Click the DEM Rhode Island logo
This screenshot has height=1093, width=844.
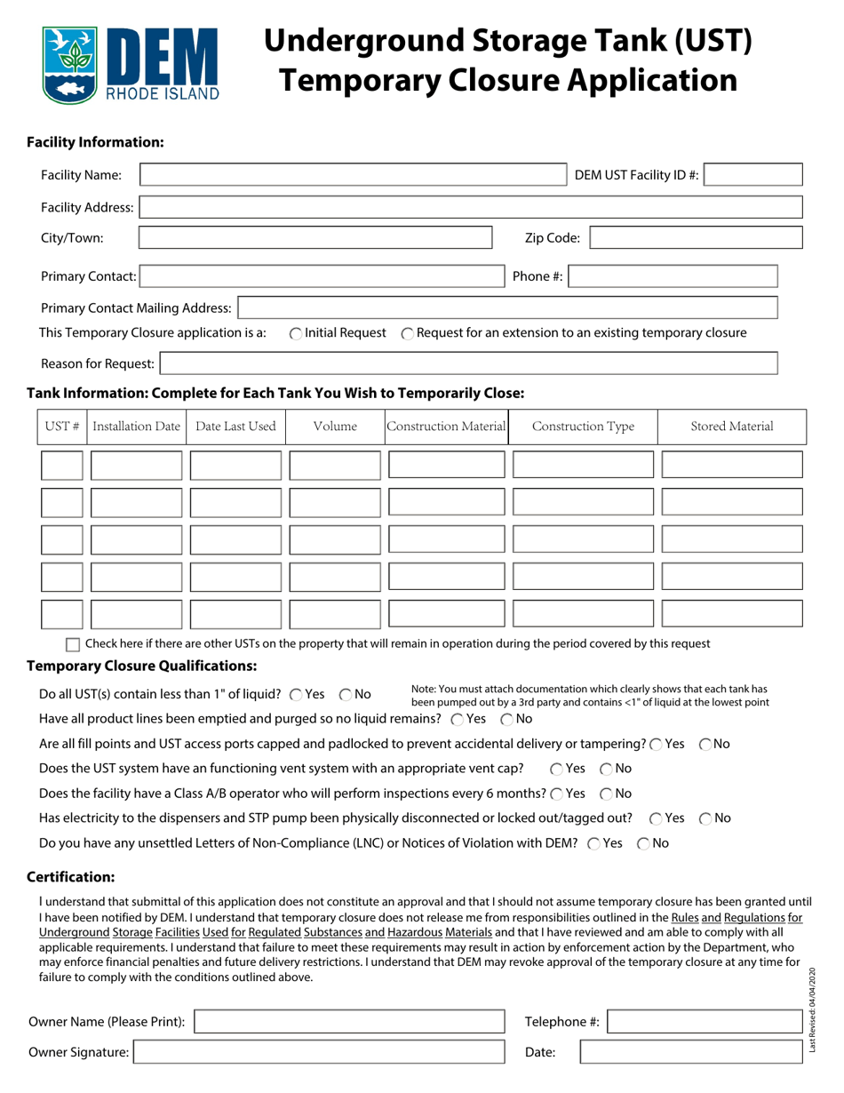pos(130,63)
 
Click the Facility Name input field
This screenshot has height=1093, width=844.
pos(354,175)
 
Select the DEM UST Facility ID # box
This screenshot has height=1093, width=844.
pos(754,175)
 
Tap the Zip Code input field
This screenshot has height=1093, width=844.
pos(696,237)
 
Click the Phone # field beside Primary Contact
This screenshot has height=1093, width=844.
pos(673,276)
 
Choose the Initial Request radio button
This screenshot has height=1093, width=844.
pos(296,333)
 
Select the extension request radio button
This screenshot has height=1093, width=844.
pos(407,333)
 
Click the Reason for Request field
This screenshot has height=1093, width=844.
pos(468,363)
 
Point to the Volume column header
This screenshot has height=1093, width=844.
pos(336,427)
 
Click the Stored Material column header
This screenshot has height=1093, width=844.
pos(732,427)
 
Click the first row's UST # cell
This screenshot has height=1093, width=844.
pos(62,465)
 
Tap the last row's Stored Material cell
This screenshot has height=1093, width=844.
pos(732,614)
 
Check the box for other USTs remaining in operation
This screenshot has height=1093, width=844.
pos(74,644)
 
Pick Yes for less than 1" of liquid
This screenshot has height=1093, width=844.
pos(296,694)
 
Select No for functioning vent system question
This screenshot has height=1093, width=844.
pos(606,769)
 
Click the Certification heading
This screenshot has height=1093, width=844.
pos(71,877)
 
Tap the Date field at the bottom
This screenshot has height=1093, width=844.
pos(690,1053)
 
